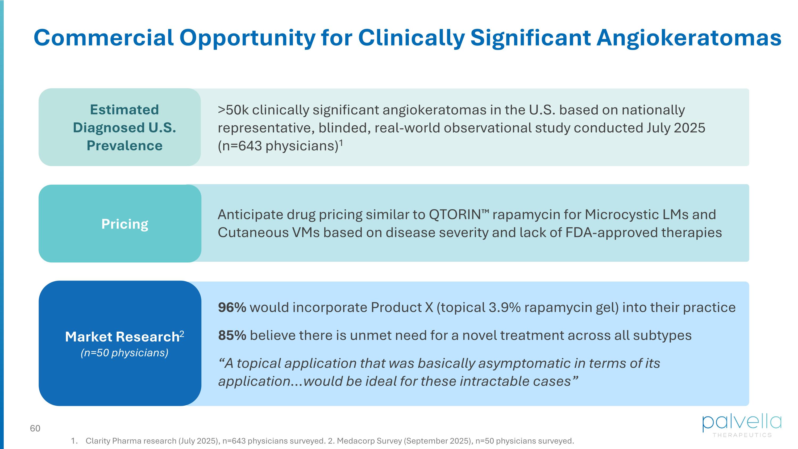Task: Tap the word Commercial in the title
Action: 103,38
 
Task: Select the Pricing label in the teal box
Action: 125,224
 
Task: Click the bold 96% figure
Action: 232,307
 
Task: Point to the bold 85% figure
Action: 232,335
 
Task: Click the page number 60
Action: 35,428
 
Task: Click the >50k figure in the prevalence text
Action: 233,110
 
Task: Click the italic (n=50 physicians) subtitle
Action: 124,353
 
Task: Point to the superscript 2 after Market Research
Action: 182,334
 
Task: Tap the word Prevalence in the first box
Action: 124,146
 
